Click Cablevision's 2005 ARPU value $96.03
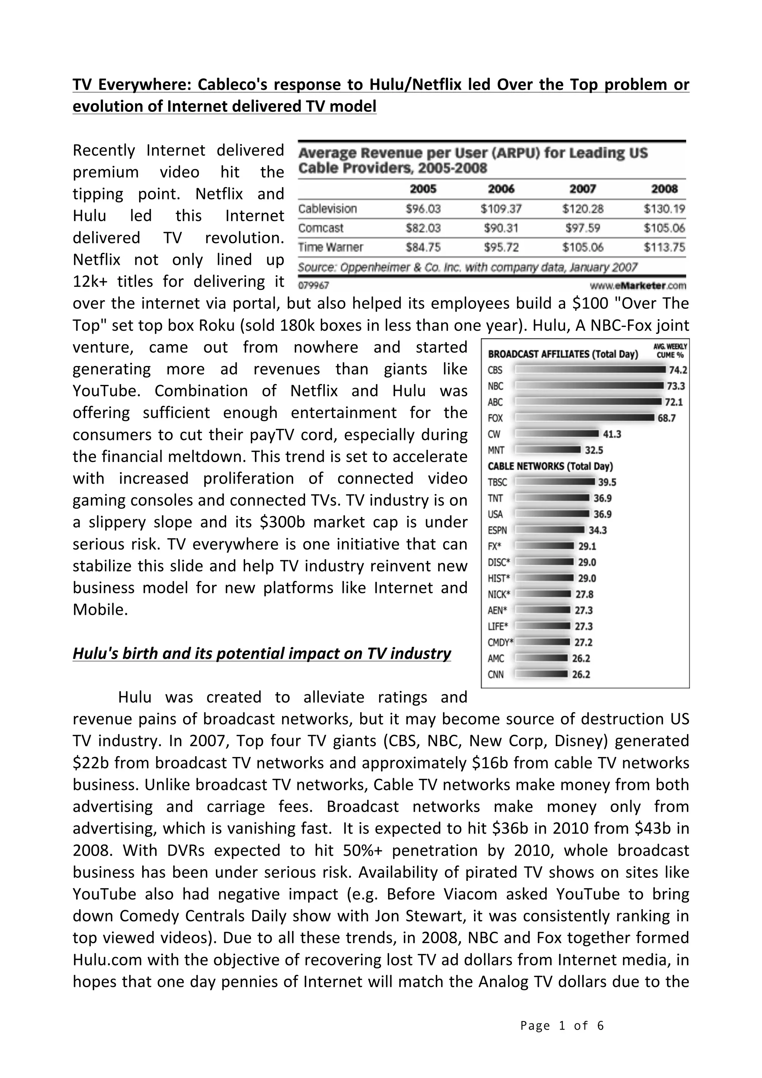pyautogui.click(x=423, y=208)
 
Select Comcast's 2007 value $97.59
pyautogui.click(x=583, y=228)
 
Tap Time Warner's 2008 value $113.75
pyautogui.click(x=664, y=247)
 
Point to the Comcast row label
pyautogui.click(x=321, y=228)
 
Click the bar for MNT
pyautogui.click(x=548, y=450)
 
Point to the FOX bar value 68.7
pyautogui.click(x=666, y=418)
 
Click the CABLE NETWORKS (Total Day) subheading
pyautogui.click(x=550, y=466)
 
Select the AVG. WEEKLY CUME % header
pyautogui.click(x=669, y=351)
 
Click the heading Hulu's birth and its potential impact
pyautogui.click(x=262, y=653)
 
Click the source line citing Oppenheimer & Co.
pyautogui.click(x=467, y=267)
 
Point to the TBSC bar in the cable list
pyautogui.click(x=555, y=482)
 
